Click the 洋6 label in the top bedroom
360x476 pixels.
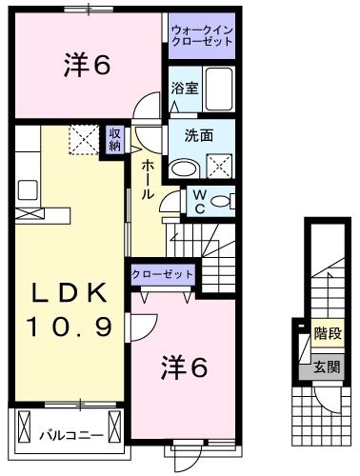pyautogui.click(x=89, y=65)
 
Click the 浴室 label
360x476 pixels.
pyautogui.click(x=185, y=89)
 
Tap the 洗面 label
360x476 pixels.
pyautogui.click(x=199, y=135)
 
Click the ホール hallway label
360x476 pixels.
pyautogui.click(x=150, y=178)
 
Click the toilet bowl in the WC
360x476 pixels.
pyautogui.click(x=221, y=201)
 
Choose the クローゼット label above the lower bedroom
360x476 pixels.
pyautogui.click(x=162, y=274)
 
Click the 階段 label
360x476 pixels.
pyautogui.click(x=328, y=334)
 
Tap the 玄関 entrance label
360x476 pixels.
pyautogui.click(x=328, y=367)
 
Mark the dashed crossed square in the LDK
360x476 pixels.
pyautogui.click(x=83, y=140)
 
